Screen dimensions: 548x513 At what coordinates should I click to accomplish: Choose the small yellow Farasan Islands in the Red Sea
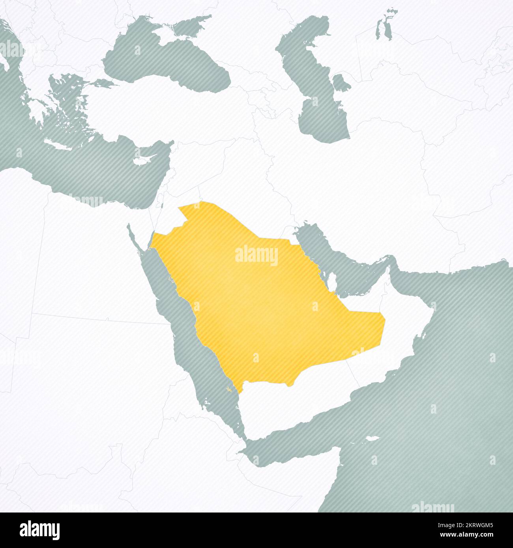(228, 390)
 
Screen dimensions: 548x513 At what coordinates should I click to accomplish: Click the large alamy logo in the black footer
(39, 530)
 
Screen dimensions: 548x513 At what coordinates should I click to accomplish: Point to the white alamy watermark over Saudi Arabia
(256, 257)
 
